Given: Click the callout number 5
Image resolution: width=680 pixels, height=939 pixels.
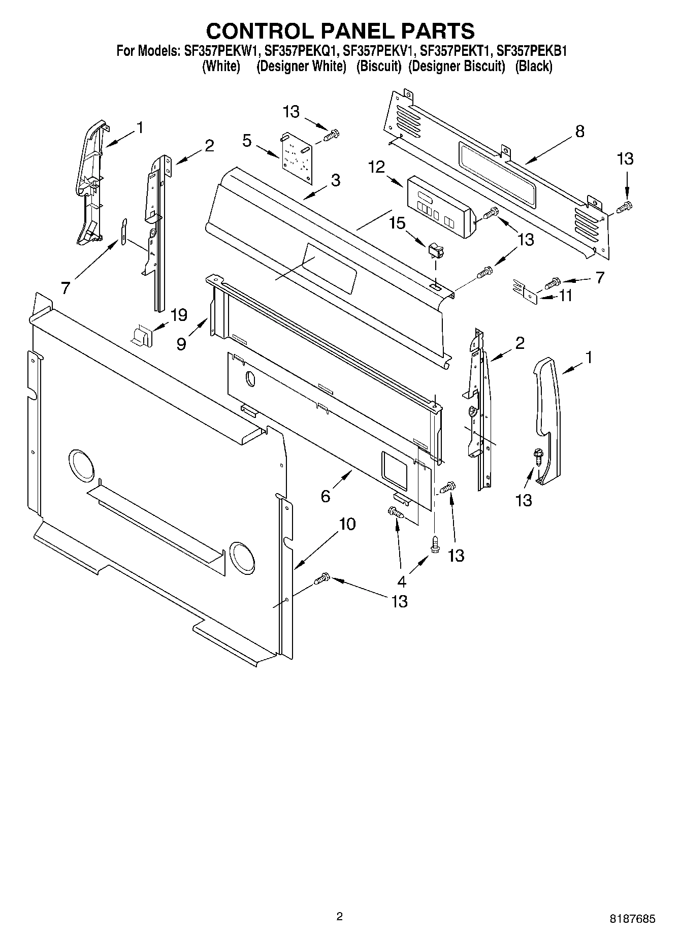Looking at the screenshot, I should [x=247, y=140].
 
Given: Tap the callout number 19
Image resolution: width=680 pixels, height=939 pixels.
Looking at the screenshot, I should [x=179, y=315].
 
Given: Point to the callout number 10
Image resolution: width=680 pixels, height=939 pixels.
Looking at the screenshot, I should [x=347, y=524].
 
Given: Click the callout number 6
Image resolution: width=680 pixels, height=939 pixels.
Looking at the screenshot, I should [x=326, y=496].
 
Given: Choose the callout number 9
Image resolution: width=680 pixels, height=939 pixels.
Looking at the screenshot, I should [x=182, y=344].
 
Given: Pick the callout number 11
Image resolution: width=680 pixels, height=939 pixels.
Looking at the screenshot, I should [x=565, y=295].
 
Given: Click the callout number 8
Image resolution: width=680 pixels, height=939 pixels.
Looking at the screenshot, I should [x=579, y=132].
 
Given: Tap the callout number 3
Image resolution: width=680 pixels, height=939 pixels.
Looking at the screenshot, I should [x=335, y=180].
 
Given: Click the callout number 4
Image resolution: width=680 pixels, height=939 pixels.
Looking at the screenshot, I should [x=402, y=581].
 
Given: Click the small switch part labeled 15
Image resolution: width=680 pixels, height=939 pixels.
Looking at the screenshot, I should [x=435, y=250].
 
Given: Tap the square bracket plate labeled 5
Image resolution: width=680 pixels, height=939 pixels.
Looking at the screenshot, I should [x=297, y=156].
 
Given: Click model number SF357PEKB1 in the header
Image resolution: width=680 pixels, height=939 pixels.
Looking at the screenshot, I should [x=531, y=51].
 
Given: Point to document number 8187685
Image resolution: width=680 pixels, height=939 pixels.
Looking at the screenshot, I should [x=632, y=919].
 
